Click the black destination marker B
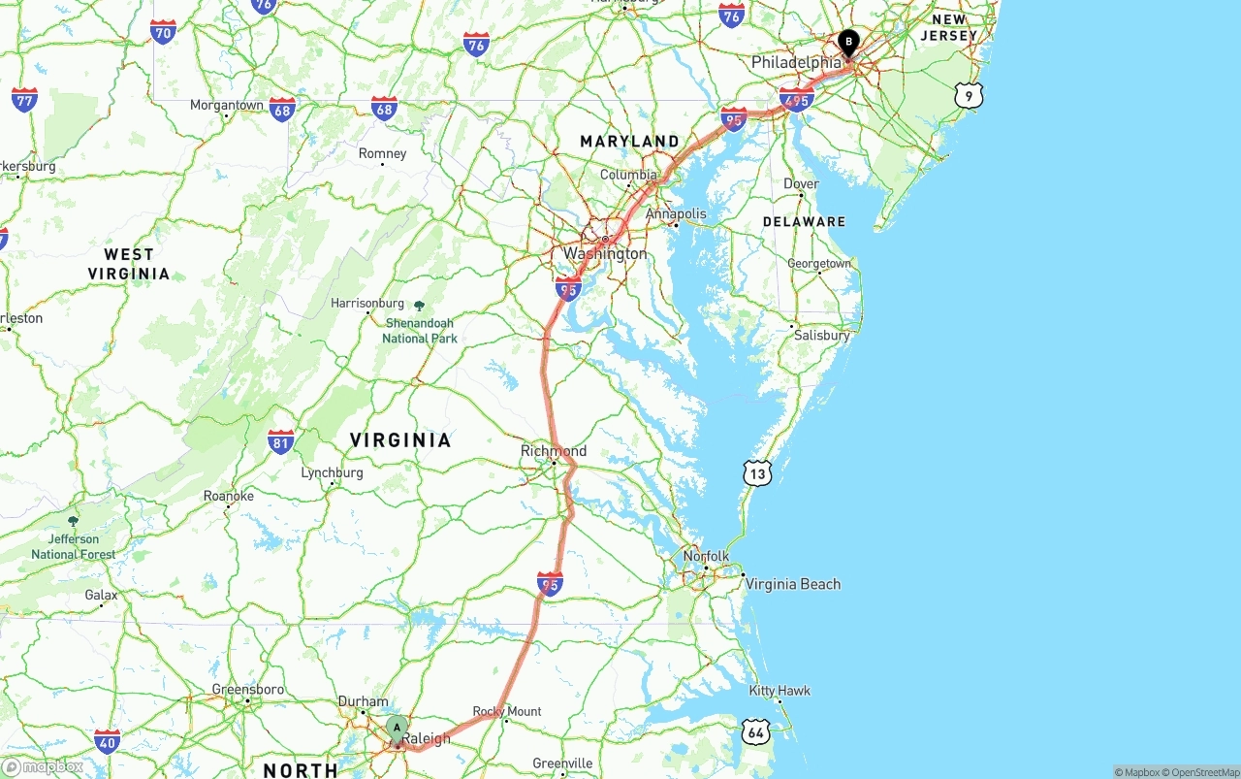pyautogui.click(x=848, y=43)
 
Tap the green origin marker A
pyautogui.click(x=397, y=729)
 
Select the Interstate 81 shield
pyautogui.click(x=281, y=442)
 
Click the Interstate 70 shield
pyautogui.click(x=163, y=32)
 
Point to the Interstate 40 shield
pyautogui.click(x=108, y=743)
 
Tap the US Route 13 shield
pyautogui.click(x=758, y=473)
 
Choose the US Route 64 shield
pyautogui.click(x=755, y=732)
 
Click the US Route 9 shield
pyautogui.click(x=969, y=94)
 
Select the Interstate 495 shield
pyautogui.click(x=797, y=99)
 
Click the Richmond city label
pyautogui.click(x=554, y=451)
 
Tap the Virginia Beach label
pyautogui.click(x=792, y=584)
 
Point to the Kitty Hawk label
pyautogui.click(x=780, y=691)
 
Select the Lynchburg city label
pyautogui.click(x=332, y=473)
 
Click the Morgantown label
pyautogui.click(x=226, y=105)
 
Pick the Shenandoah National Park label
pyautogui.click(x=419, y=330)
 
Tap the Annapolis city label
pyautogui.click(x=676, y=213)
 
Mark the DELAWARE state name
pyautogui.click(x=804, y=221)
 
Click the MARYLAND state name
pyautogui.click(x=629, y=142)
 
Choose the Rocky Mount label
pyautogui.click(x=507, y=711)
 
